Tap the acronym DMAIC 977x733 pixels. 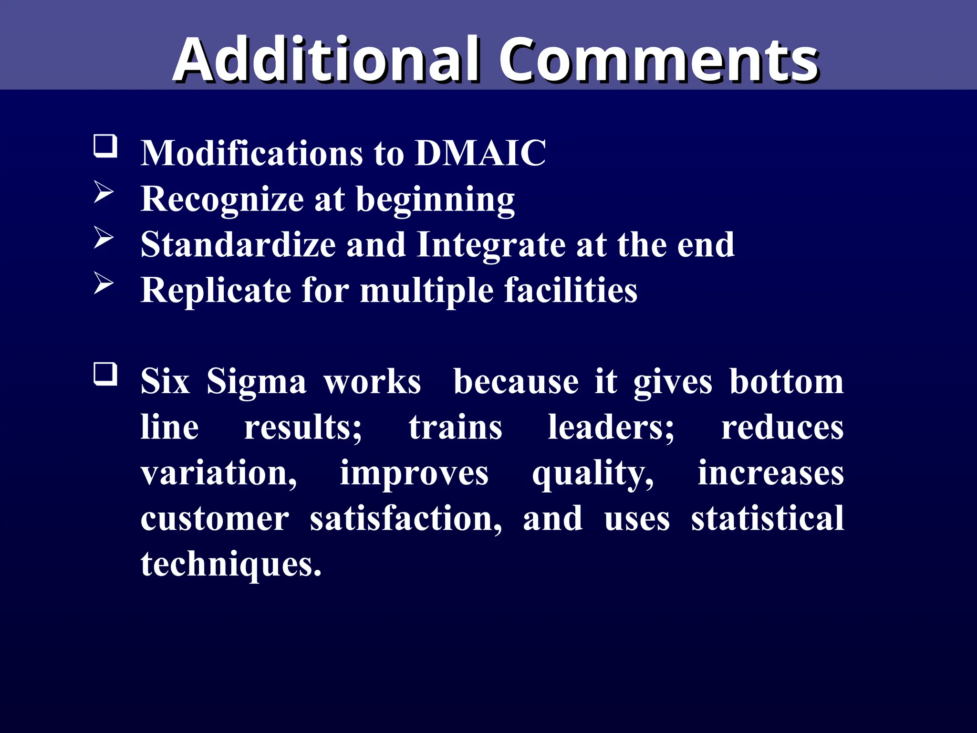480,153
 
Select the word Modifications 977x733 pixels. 252,153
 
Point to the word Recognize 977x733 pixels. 222,199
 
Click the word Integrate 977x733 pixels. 491,244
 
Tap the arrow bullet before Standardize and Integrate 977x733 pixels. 104,237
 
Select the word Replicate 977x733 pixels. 216,290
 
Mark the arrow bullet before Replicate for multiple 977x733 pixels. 104,283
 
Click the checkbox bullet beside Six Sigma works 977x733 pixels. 105,374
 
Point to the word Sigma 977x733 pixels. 256,382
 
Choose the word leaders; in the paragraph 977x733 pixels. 611,427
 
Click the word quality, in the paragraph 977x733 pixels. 593,473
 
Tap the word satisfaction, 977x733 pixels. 406,519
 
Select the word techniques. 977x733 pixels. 231,564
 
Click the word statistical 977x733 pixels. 767,519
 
